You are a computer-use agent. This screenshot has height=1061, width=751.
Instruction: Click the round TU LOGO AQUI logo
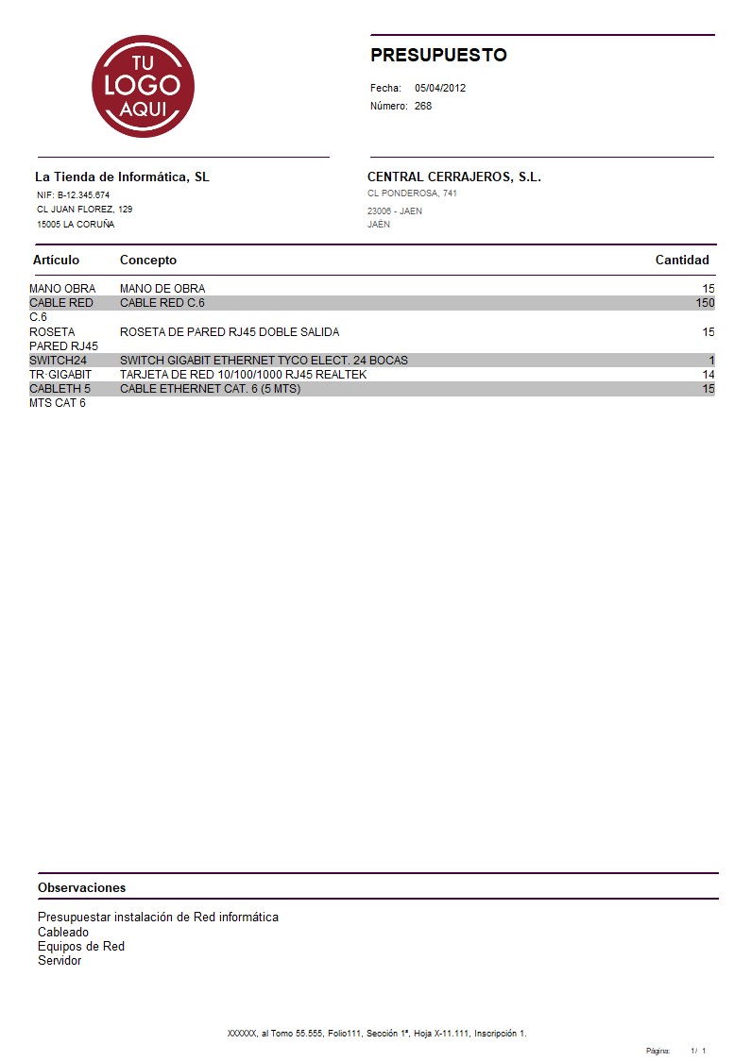[143, 87]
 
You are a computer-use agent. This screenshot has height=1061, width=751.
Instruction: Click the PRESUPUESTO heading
[438, 56]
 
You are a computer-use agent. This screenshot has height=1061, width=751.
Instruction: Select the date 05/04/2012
[440, 88]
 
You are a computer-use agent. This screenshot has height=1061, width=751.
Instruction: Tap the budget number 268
[423, 106]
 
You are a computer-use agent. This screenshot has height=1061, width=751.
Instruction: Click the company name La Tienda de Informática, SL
[122, 177]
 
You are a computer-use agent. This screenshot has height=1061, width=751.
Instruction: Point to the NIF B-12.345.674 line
[73, 194]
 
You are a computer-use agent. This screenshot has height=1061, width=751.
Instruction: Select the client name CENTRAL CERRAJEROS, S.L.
[453, 177]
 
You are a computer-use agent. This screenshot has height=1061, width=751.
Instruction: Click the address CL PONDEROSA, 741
[412, 194]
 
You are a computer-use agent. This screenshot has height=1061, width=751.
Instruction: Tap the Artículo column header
[57, 261]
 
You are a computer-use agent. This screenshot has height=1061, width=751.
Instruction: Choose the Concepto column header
[148, 261]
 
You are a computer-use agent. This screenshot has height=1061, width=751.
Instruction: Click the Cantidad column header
[682, 261]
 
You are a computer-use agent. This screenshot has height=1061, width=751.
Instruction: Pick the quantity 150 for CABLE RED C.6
[705, 303]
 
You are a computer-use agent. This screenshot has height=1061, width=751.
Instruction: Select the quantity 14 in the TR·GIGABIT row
[708, 375]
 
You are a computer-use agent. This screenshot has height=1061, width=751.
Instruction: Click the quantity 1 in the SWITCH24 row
[711, 361]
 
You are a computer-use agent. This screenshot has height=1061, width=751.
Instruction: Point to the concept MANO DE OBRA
[162, 289]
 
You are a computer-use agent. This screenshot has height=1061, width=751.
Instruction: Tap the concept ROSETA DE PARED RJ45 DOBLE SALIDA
[230, 332]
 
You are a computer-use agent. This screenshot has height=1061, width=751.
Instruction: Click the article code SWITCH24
[59, 361]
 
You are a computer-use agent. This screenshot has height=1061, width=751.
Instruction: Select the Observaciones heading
[81, 888]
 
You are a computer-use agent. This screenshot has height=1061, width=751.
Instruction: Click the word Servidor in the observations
[60, 961]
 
